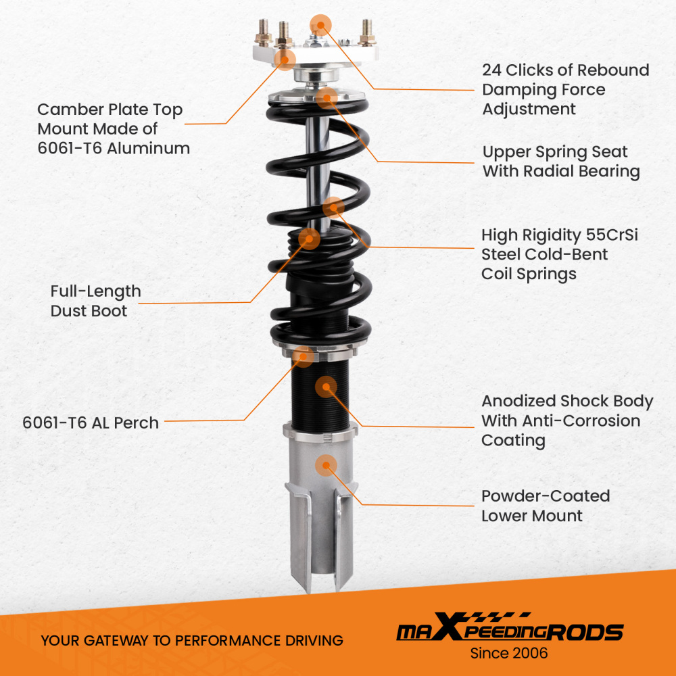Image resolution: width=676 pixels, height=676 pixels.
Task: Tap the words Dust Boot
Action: tap(89, 311)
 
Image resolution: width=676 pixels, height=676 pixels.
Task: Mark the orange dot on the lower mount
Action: tap(326, 464)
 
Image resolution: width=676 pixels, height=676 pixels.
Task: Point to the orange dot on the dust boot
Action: tap(309, 237)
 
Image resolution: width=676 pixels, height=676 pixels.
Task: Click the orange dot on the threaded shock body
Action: tap(326, 387)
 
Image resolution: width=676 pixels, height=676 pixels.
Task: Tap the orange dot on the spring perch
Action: tap(304, 356)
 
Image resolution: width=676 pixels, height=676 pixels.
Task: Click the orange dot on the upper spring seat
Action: tap(327, 97)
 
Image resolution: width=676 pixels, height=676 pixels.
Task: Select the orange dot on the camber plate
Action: tap(285, 59)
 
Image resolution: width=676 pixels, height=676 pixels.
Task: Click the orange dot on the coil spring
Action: tap(333, 206)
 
